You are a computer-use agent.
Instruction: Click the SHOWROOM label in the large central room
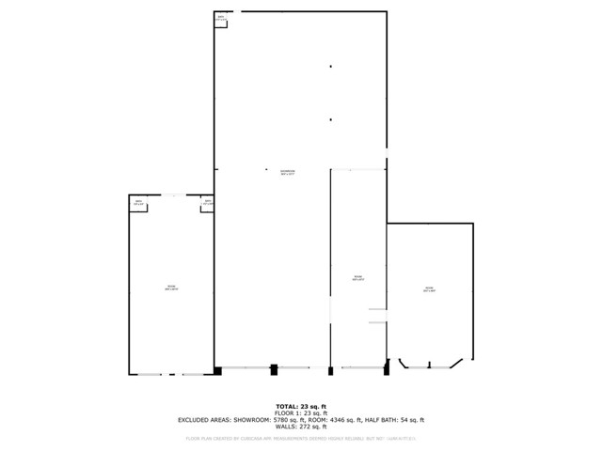(288, 172)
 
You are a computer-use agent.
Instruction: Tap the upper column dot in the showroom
(330, 67)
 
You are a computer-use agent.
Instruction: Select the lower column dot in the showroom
(330, 119)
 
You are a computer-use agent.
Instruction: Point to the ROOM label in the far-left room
(171, 288)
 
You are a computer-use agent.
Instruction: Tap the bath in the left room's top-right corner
(208, 203)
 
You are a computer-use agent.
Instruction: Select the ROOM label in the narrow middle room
(357, 277)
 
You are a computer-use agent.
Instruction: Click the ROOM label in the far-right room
(428, 289)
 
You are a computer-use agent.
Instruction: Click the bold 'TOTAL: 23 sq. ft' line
(300, 406)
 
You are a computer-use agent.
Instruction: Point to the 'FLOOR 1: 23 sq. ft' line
(300, 412)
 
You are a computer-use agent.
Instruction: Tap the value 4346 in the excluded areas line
(350, 420)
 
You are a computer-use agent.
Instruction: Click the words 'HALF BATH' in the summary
(388, 420)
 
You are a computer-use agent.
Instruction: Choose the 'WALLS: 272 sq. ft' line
(300, 427)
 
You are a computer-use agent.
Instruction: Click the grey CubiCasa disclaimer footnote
(300, 438)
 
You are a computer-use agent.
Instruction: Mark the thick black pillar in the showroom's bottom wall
(274, 369)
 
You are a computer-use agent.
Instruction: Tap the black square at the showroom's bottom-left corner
(217, 371)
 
